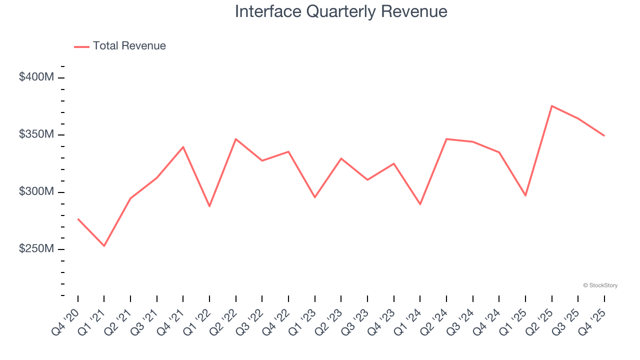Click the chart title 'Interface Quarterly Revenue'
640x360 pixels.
click(341, 11)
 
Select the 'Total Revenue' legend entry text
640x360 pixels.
click(129, 46)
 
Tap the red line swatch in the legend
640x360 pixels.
click(81, 46)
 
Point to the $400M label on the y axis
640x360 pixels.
click(36, 77)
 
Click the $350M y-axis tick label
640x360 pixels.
click(36, 135)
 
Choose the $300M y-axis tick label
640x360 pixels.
click(36, 192)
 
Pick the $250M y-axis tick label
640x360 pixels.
click(36, 249)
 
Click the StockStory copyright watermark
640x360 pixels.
click(600, 285)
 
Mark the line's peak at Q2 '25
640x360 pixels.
click(551, 105)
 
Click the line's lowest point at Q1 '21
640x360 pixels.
click(104, 246)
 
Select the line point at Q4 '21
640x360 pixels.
click(183, 147)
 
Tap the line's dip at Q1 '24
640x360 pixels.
click(420, 204)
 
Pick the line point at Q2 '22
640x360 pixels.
click(235, 139)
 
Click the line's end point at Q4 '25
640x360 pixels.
click(604, 135)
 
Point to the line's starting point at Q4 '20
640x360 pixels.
click(78, 219)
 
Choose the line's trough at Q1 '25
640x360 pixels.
click(525, 195)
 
